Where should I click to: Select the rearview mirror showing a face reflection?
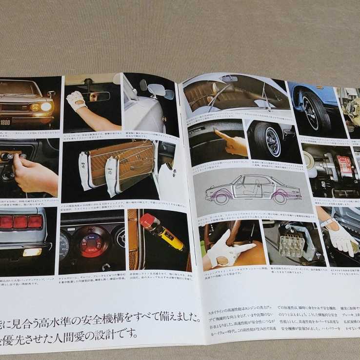coord(100,96)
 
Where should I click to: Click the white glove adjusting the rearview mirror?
coord(76,100)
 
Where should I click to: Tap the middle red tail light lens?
coord(20,222)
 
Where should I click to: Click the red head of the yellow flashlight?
coord(148,222)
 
